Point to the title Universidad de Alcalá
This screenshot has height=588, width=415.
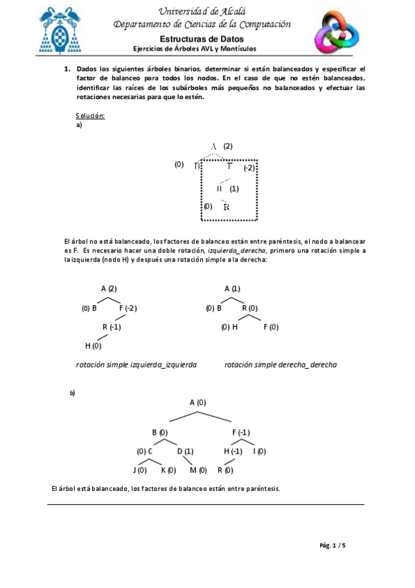(x=202, y=11)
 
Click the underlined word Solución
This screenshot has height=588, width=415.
(x=90, y=115)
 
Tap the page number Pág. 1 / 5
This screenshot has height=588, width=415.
(x=333, y=545)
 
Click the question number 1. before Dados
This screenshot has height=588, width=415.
(x=68, y=69)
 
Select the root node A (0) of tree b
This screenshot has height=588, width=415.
(x=197, y=402)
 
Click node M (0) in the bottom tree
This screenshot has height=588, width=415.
(x=198, y=470)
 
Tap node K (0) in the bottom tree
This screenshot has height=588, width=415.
(x=168, y=470)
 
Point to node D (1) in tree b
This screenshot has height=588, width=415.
(x=185, y=451)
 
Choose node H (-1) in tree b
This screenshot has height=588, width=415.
(x=233, y=451)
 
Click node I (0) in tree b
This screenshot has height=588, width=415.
(x=260, y=451)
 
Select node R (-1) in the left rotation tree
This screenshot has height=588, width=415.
(x=112, y=327)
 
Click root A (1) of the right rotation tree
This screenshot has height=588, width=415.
(x=232, y=288)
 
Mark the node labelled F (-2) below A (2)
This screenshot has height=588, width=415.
(x=128, y=308)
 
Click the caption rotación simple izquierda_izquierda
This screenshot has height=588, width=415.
(x=136, y=364)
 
